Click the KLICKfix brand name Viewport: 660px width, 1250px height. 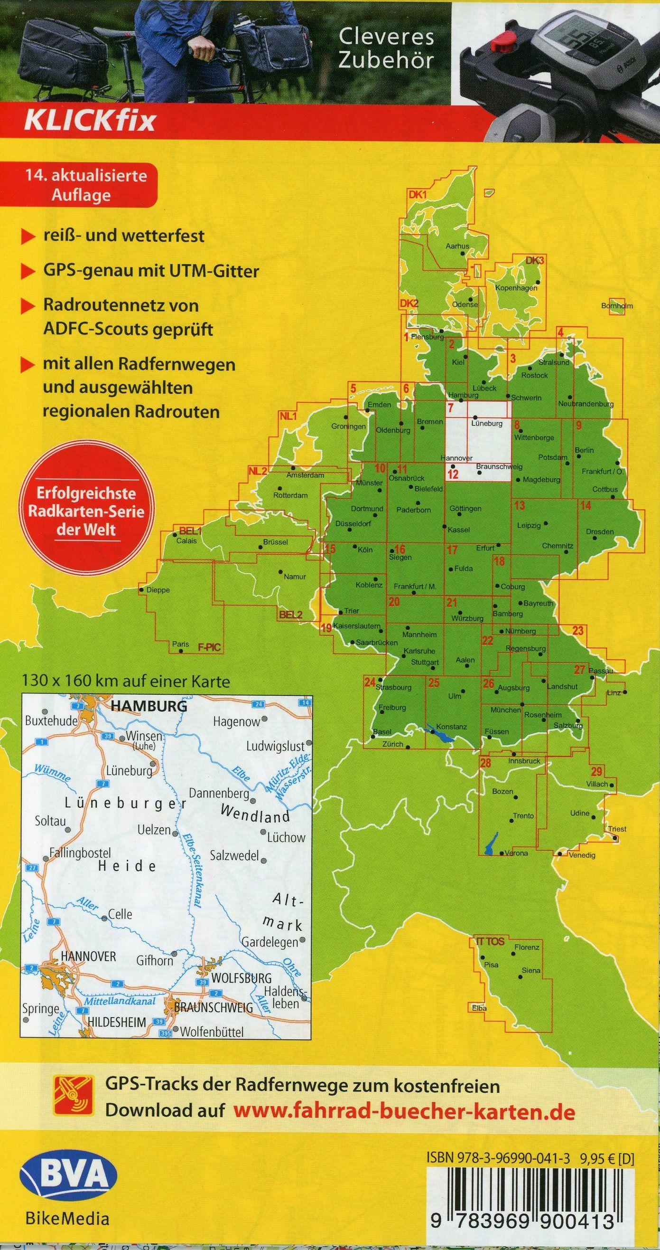(x=90, y=121)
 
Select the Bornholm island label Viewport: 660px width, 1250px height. (x=617, y=306)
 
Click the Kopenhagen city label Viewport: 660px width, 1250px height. (x=516, y=288)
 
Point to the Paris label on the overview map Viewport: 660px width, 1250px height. (x=180, y=644)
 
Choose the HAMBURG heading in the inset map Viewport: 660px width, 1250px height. (x=149, y=706)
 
